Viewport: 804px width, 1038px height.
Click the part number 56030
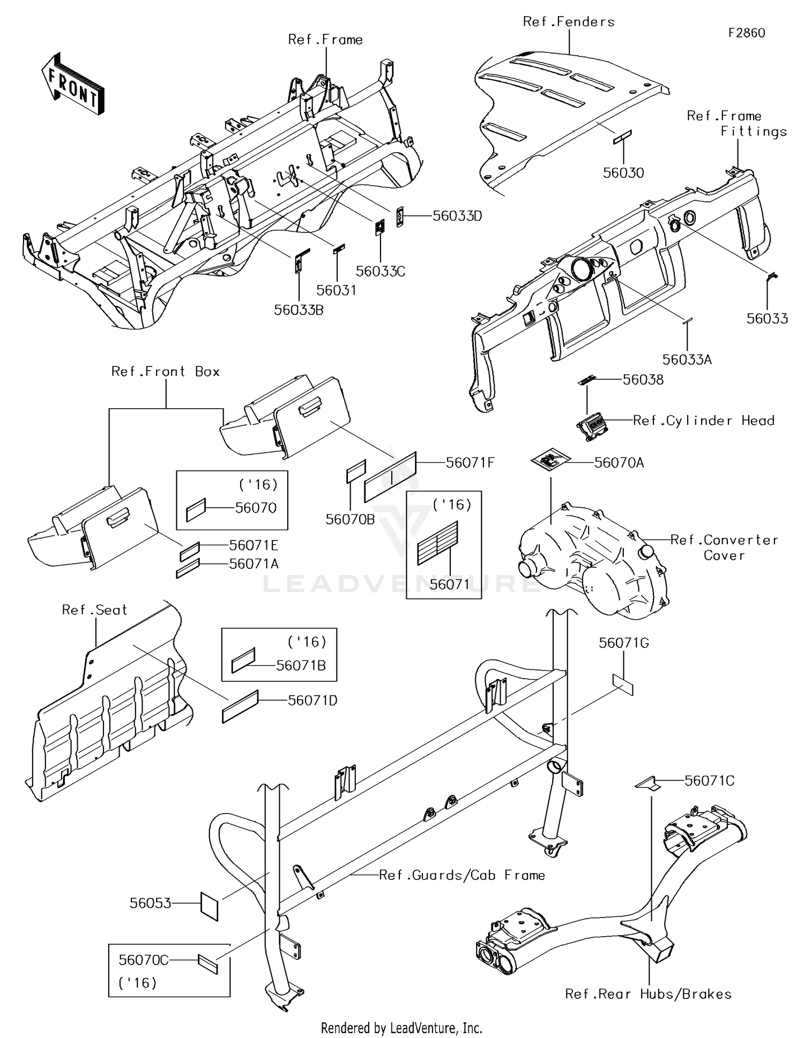[623, 173]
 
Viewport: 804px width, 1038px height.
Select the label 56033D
[457, 216]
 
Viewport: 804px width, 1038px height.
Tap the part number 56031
[336, 290]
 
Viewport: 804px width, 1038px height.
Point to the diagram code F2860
[746, 33]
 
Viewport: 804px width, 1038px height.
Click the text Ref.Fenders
[568, 22]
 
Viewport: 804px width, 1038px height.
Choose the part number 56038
[643, 380]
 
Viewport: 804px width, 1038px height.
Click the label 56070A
[619, 463]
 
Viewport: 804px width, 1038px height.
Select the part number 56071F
[470, 463]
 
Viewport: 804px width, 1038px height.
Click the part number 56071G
[623, 643]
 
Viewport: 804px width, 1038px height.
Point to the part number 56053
[151, 904]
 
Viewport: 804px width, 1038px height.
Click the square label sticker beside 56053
[209, 906]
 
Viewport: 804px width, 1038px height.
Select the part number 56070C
[143, 960]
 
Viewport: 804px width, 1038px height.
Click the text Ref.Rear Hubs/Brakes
[648, 994]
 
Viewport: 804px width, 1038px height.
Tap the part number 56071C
[709, 781]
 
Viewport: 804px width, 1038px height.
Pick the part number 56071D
[312, 701]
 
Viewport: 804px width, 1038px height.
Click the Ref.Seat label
[94, 610]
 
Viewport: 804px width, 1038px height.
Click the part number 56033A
[687, 360]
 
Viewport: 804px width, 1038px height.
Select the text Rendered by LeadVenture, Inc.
[401, 1028]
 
